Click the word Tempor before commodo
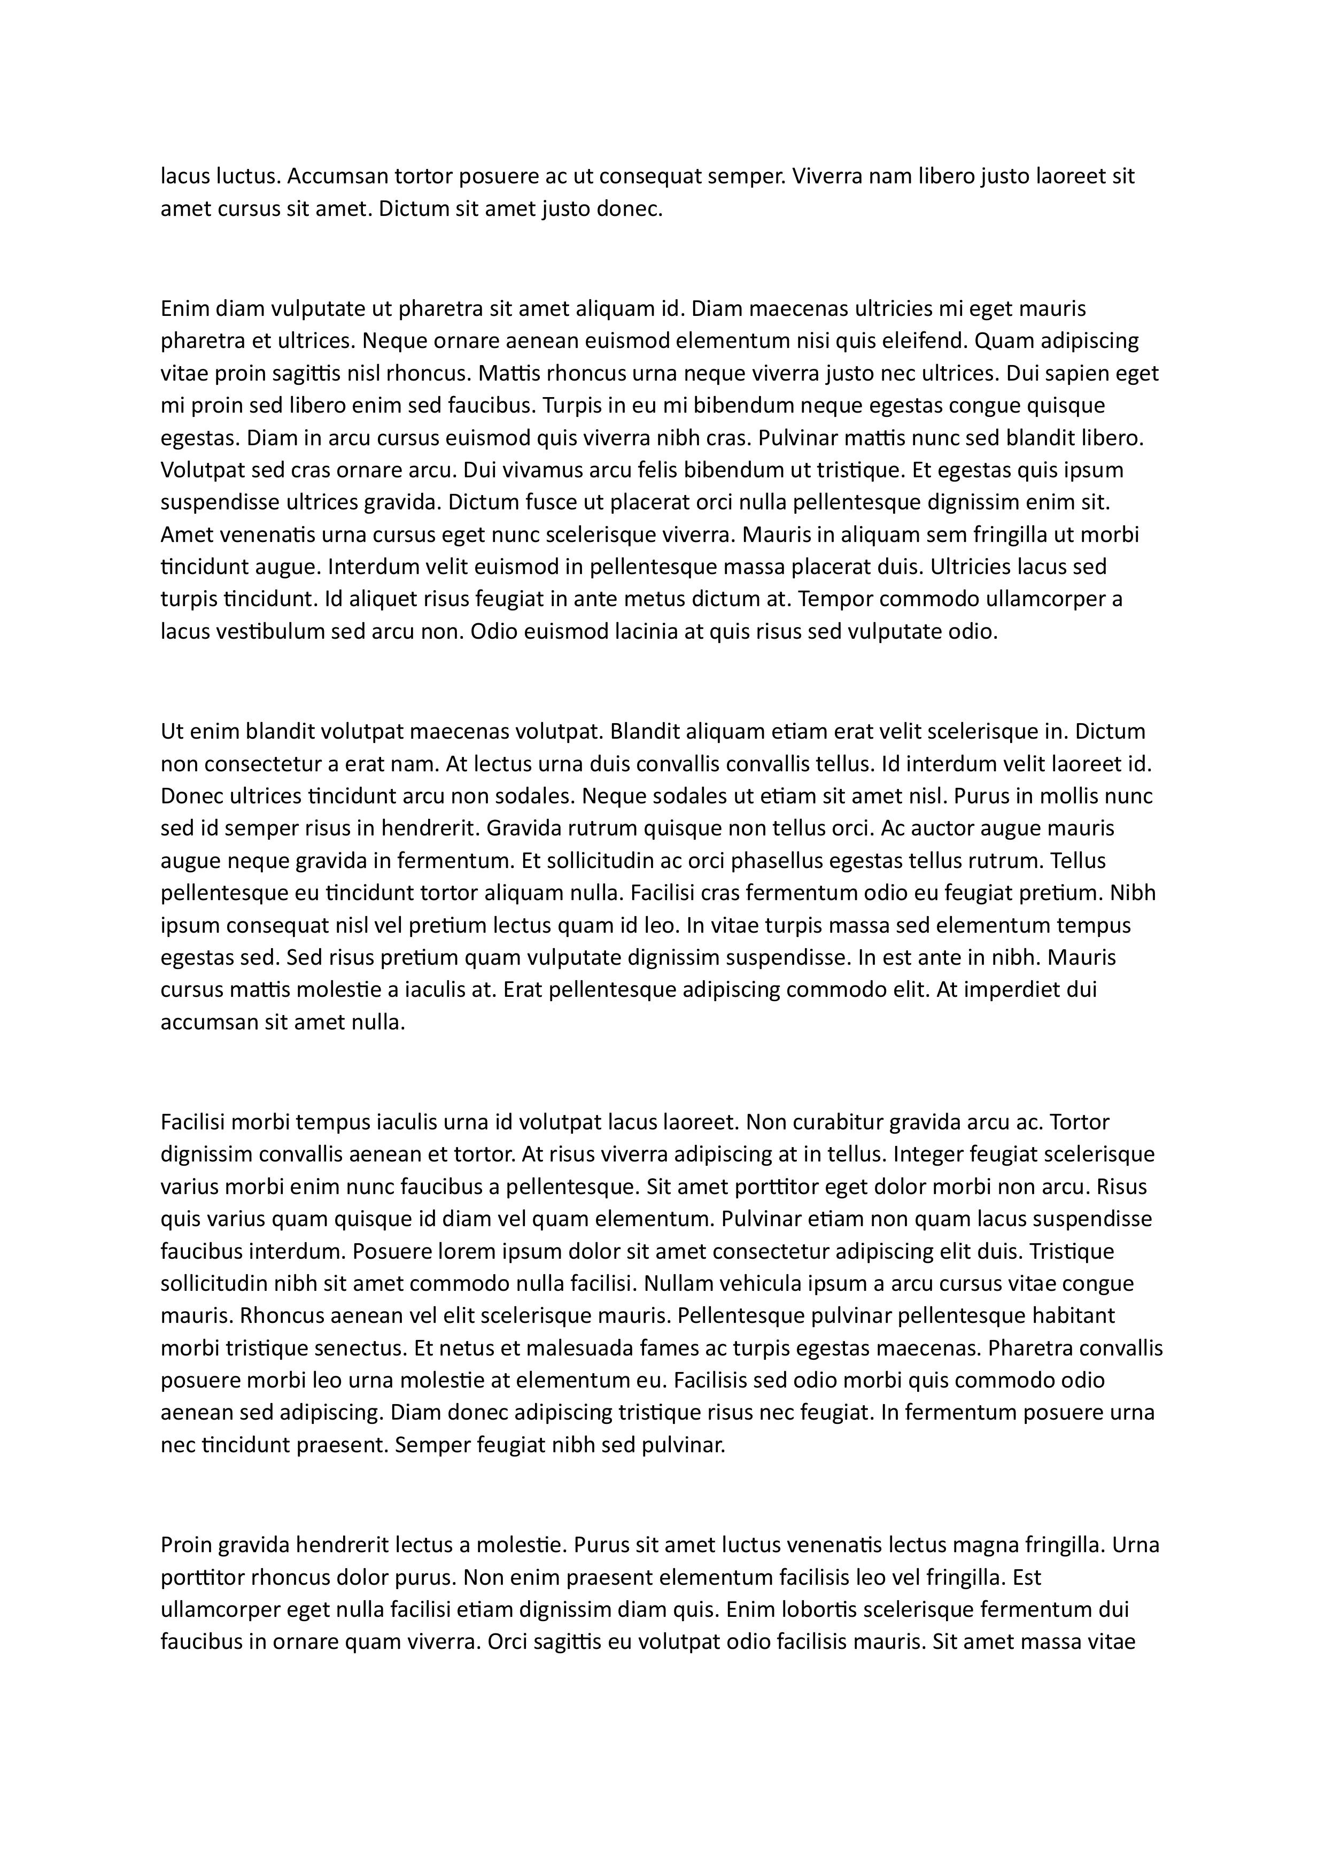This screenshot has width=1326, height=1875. [x=833, y=599]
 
